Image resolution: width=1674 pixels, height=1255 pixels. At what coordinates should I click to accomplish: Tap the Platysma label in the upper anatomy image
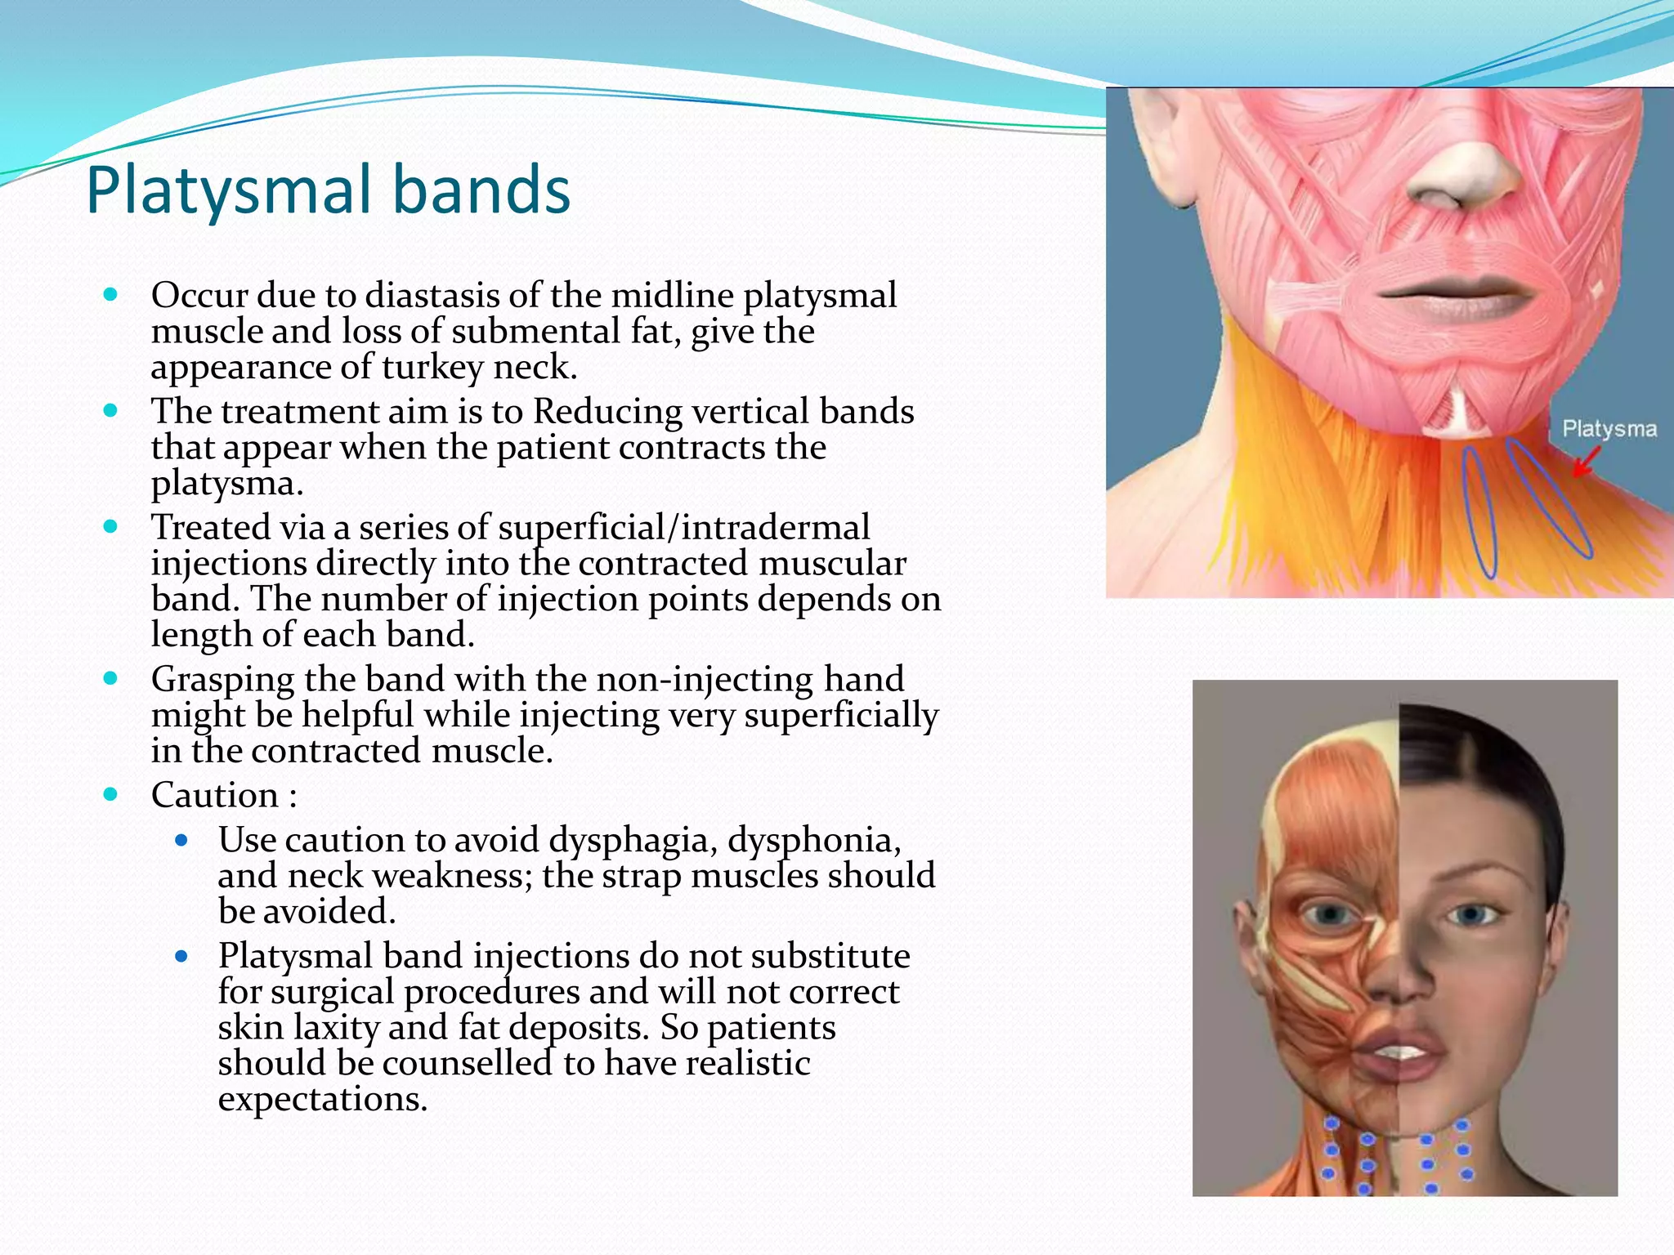(x=1609, y=429)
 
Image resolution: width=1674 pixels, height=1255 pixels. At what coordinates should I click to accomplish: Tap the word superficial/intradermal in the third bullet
(x=683, y=528)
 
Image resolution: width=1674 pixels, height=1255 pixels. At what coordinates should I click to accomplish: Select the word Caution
(x=214, y=795)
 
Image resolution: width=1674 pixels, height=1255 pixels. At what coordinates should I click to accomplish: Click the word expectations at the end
(x=322, y=1099)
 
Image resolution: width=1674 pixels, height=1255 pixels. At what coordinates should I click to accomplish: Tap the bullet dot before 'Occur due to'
(x=111, y=294)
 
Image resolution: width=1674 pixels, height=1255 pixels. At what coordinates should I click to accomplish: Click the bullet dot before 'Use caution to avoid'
(x=181, y=839)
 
